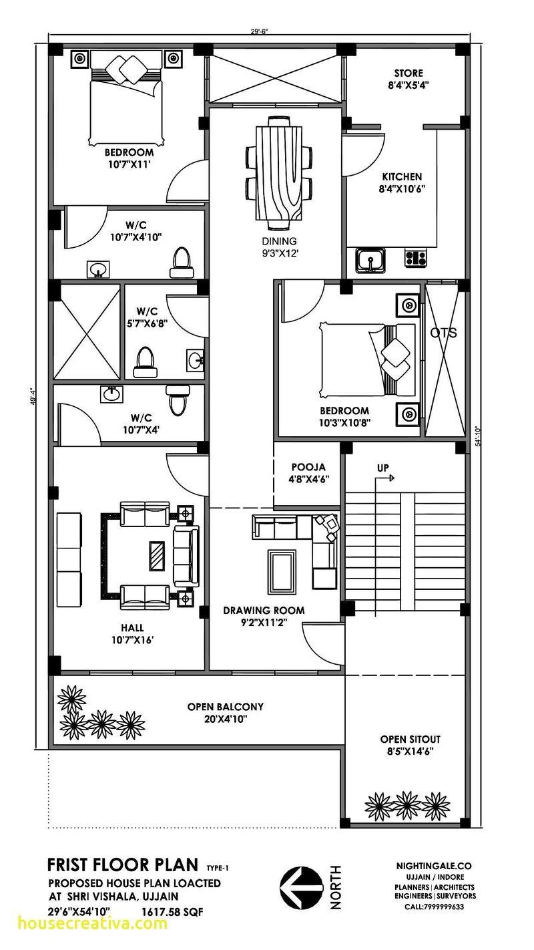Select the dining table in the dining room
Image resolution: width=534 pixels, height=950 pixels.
click(x=278, y=168)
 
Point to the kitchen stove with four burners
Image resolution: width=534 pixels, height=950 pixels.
click(x=416, y=258)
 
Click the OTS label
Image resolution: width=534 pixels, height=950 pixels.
click(x=443, y=333)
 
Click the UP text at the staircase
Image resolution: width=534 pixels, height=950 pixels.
click(x=383, y=468)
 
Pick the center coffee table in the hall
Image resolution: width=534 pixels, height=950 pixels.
click(x=157, y=555)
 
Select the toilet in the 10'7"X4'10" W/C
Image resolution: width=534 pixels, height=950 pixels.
click(x=181, y=262)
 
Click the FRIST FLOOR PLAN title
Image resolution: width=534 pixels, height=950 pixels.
click(x=122, y=865)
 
